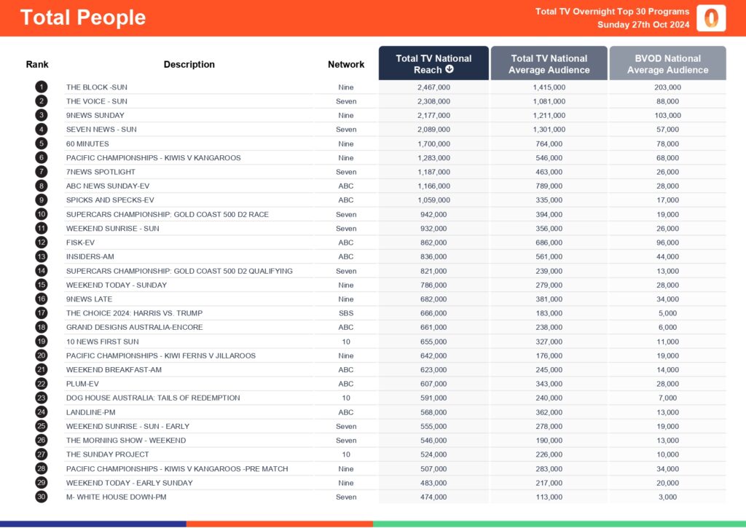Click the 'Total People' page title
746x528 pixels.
click(83, 17)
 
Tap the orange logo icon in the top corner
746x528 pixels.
click(711, 17)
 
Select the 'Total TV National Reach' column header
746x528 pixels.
click(433, 64)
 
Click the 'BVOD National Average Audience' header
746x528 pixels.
click(667, 64)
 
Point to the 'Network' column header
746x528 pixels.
click(346, 65)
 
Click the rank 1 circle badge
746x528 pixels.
click(41, 87)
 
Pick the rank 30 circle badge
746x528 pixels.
click(41, 497)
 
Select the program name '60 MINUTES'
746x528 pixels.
click(87, 144)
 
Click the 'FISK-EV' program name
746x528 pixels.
click(80, 243)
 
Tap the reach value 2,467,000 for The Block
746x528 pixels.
click(433, 87)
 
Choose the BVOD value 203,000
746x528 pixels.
click(668, 87)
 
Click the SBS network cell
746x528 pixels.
click(346, 313)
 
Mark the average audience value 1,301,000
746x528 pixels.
click(549, 130)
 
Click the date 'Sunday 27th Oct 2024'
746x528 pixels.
click(643, 25)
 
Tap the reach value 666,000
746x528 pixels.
click(433, 313)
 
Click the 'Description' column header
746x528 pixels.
click(189, 65)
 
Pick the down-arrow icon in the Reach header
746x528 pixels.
click(449, 70)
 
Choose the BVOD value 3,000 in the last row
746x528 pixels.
click(668, 497)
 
